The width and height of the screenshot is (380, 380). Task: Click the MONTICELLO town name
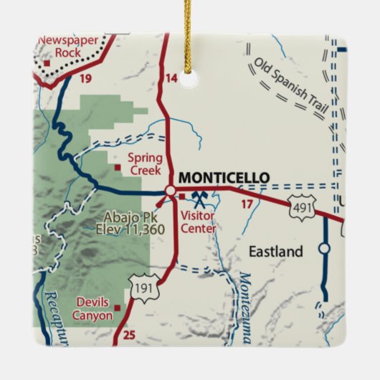(223, 178)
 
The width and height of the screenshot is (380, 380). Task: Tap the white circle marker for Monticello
(170, 191)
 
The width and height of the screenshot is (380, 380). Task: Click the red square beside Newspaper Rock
(47, 62)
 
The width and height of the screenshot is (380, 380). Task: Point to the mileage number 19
(85, 78)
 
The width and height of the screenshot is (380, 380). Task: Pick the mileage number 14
(171, 78)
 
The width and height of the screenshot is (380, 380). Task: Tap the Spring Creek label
(144, 164)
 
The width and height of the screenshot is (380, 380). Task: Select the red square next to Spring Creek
(118, 168)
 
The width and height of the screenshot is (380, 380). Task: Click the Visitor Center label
(198, 222)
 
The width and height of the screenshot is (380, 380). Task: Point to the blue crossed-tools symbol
(199, 195)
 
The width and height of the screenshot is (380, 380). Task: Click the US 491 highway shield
(300, 208)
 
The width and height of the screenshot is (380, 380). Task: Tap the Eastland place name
(276, 252)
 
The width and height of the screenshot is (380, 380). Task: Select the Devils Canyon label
(92, 309)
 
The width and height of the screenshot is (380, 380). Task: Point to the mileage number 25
(128, 335)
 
